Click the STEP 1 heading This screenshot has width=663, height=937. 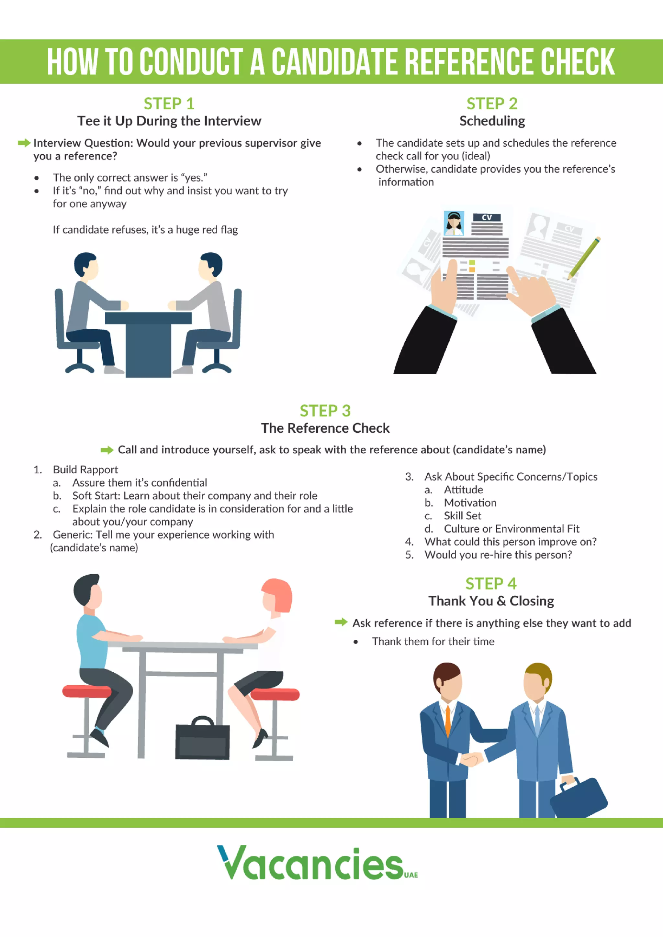coord(169,104)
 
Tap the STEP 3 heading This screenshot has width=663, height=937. coord(325,411)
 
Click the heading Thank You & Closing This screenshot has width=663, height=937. coord(491,601)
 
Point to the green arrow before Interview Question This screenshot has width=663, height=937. coord(24,143)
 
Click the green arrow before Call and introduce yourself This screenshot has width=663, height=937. coord(107,450)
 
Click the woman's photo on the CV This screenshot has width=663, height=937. coord(454,223)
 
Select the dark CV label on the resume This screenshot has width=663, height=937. coord(487,217)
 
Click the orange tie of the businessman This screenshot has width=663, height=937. coord(447,720)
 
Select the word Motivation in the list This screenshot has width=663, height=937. coord(470,503)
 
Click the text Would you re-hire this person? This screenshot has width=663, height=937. coord(498,555)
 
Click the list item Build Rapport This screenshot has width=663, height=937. coord(85,469)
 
